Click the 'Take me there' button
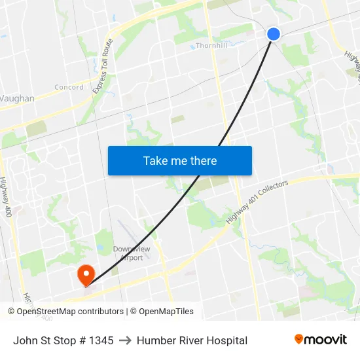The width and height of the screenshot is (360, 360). pyautogui.click(x=180, y=160)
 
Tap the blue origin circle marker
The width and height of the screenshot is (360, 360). pyautogui.click(x=274, y=34)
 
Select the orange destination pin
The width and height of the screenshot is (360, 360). pyautogui.click(x=86, y=274)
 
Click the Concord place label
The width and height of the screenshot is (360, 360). pyautogui.click(x=69, y=87)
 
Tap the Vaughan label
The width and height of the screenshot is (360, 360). pyautogui.click(x=17, y=98)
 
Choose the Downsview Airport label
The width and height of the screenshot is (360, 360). pyautogui.click(x=132, y=253)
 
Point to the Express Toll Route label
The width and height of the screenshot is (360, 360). pyautogui.click(x=103, y=65)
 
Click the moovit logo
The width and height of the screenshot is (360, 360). pyautogui.click(x=321, y=340)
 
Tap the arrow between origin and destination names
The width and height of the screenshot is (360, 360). pyautogui.click(x=125, y=340)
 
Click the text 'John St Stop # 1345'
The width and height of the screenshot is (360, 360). pyautogui.click(x=63, y=340)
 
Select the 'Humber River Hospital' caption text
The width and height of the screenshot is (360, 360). pyautogui.click(x=192, y=340)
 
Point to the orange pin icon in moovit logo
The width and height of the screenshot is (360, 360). pyautogui.click(x=299, y=339)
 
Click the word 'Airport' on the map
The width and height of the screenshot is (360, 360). pyautogui.click(x=132, y=258)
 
